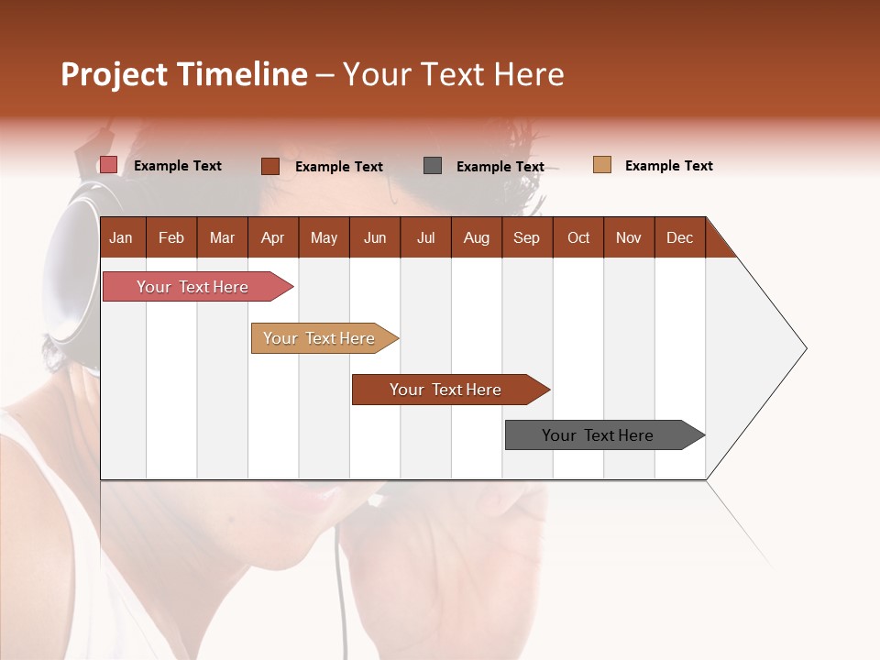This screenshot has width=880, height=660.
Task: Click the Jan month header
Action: pyautogui.click(x=121, y=237)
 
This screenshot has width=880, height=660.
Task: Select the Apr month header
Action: pyautogui.click(x=272, y=237)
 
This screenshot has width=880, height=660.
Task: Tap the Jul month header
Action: pyautogui.click(x=425, y=237)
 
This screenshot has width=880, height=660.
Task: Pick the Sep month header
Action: pyautogui.click(x=526, y=237)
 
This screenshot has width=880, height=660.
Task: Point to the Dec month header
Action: pyautogui.click(x=679, y=237)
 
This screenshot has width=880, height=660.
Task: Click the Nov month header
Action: pyautogui.click(x=628, y=237)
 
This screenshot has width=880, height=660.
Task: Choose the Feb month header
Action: pyautogui.click(x=171, y=237)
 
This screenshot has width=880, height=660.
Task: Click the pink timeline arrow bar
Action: pyautogui.click(x=192, y=287)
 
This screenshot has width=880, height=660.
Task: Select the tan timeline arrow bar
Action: pyautogui.click(x=319, y=338)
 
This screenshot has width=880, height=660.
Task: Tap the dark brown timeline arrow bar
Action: pyautogui.click(x=445, y=390)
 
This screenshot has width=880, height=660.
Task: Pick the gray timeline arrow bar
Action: pyautogui.click(x=598, y=435)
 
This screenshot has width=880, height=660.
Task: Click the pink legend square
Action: pyautogui.click(x=108, y=165)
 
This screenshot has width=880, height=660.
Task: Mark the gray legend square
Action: pyautogui.click(x=433, y=165)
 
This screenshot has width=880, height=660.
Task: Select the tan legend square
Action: pyautogui.click(x=601, y=165)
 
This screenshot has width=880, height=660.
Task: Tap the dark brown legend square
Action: pyautogui.click(x=269, y=166)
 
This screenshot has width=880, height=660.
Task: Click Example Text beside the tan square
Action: pyautogui.click(x=668, y=166)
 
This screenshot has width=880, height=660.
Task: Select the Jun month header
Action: pyautogui.click(x=375, y=237)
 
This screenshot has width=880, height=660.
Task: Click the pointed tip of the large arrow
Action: pyautogui.click(x=804, y=348)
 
